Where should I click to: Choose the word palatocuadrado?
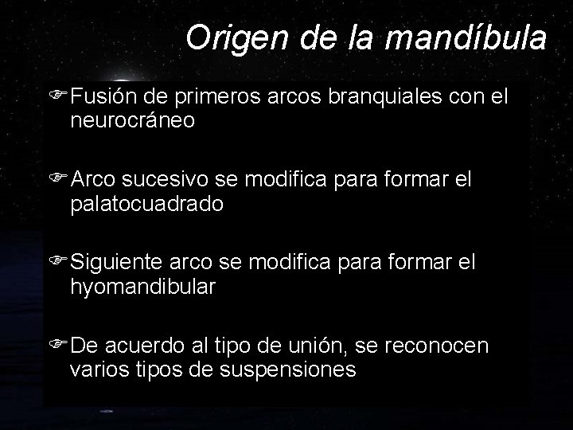click(x=147, y=205)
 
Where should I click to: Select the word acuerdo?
click(x=146, y=347)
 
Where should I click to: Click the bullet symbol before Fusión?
click(x=57, y=98)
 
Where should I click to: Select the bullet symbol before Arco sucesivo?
click(x=57, y=181)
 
